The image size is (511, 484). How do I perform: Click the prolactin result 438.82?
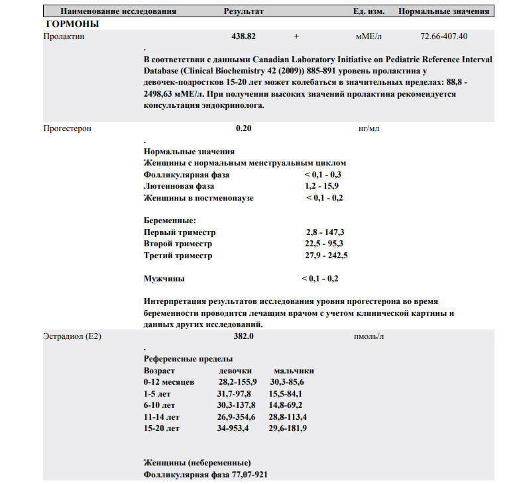pos(244,37)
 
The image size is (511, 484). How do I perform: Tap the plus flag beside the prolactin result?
pos(296,37)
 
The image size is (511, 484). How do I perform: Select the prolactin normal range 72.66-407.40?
pos(443,37)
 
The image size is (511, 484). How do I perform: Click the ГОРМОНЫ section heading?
pos(73,24)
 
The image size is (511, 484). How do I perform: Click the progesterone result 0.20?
pos(244,128)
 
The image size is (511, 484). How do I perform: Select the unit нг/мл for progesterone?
pos(368,128)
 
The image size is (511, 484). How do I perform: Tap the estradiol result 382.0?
pos(244,336)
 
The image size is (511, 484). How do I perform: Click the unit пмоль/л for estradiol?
pos(369,336)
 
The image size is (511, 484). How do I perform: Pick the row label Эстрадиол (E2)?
pos(72,336)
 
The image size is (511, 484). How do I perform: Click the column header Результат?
pos(244,11)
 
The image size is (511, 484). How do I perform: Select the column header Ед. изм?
pos(369,11)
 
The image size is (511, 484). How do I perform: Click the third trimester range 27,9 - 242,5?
pos(326,255)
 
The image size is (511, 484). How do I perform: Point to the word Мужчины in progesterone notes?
pos(164,279)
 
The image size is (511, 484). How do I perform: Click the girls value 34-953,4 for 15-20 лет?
pos(233,428)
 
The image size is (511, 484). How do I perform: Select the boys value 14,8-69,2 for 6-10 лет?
pos(286,405)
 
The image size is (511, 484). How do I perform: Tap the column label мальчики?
pos(294,371)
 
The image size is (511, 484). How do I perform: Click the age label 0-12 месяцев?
pos(169,382)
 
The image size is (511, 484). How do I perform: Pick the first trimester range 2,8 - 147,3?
pos(325,232)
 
